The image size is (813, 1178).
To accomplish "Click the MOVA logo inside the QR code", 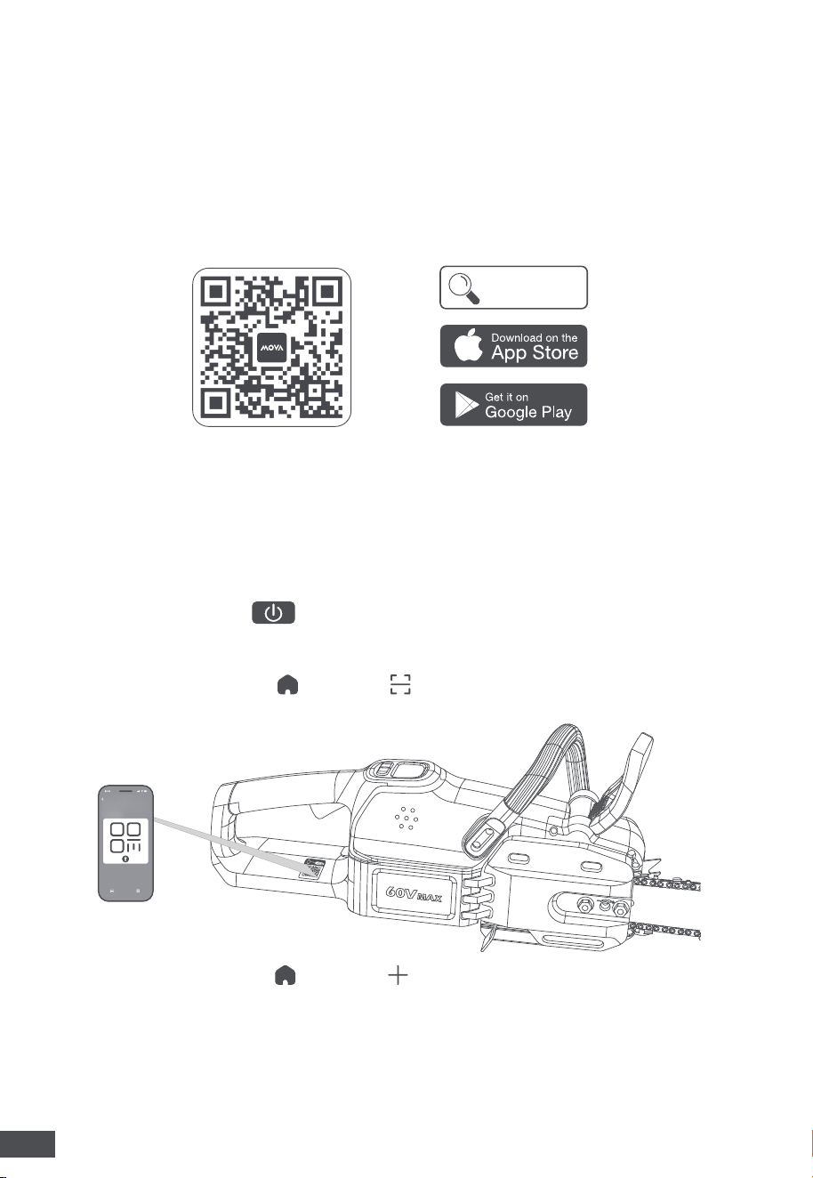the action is [272, 348].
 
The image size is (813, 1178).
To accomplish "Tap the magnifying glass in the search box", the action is [463, 288].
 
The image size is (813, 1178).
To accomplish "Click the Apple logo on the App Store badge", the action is [468, 345].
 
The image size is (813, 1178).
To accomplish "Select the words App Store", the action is [535, 352].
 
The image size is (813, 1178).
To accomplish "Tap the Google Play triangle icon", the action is [466, 405].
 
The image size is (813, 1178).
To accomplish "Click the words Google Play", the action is [528, 412].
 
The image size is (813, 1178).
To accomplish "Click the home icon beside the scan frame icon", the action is [287, 685].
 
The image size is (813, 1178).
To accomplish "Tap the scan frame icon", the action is [400, 684].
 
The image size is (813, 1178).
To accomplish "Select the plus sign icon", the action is [398, 975].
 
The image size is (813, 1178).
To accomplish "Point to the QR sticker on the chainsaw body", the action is [310, 869].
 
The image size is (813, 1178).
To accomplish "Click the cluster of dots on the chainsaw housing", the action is [406, 819].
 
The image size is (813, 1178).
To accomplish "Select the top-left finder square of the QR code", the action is [215, 291].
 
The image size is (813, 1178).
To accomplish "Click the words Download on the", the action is [535, 337].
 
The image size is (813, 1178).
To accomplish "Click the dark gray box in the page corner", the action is [28, 1143].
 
